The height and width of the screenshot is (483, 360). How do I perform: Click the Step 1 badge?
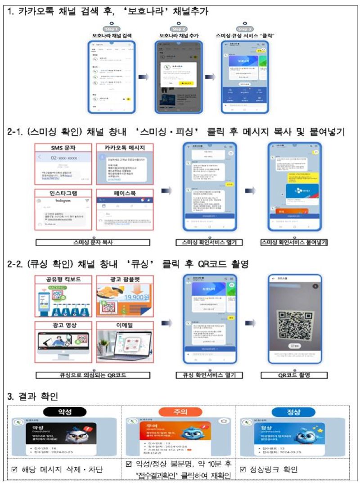[111, 28]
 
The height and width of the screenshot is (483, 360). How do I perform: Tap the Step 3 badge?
[244, 28]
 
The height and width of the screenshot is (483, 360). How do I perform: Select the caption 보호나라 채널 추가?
[179, 35]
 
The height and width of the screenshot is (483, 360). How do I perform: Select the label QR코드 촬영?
[294, 375]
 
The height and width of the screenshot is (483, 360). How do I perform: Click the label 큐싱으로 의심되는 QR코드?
[92, 375]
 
